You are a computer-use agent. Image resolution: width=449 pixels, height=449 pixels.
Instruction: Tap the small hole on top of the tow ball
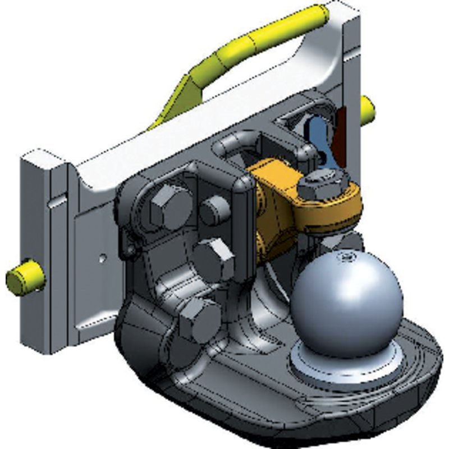(x=345, y=258)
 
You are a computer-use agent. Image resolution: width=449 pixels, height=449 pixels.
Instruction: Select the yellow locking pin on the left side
(x=25, y=276)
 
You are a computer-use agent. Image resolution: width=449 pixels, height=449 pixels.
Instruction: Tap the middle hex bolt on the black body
(x=214, y=258)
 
